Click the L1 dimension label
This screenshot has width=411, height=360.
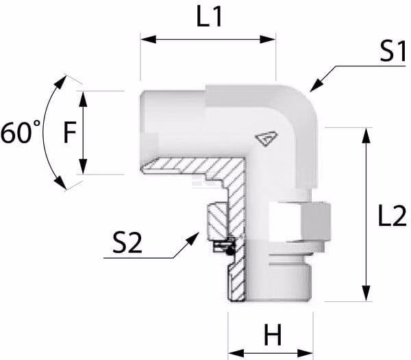pos(210,16)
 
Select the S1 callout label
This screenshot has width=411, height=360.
pos(393,51)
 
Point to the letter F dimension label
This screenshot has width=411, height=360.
pos(70,132)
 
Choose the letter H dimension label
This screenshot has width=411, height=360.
pos(273,335)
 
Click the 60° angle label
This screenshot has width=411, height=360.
pos(21,132)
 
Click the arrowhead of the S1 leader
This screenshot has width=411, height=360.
pos(316,86)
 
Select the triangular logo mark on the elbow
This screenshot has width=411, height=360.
pos(266,139)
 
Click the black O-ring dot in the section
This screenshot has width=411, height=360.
pos(229,251)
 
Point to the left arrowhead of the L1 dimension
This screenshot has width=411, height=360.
pos(149,40)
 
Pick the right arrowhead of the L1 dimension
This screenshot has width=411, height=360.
pos(268,40)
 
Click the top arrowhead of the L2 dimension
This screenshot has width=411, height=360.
pos(366,136)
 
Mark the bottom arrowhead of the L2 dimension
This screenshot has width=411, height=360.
pos(366,294)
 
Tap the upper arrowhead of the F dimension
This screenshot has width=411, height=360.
pos(83,99)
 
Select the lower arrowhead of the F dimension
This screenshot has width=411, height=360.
pos(83,166)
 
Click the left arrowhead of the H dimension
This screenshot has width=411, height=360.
pos(236,353)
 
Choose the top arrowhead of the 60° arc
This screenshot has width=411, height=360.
pos(61,81)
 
